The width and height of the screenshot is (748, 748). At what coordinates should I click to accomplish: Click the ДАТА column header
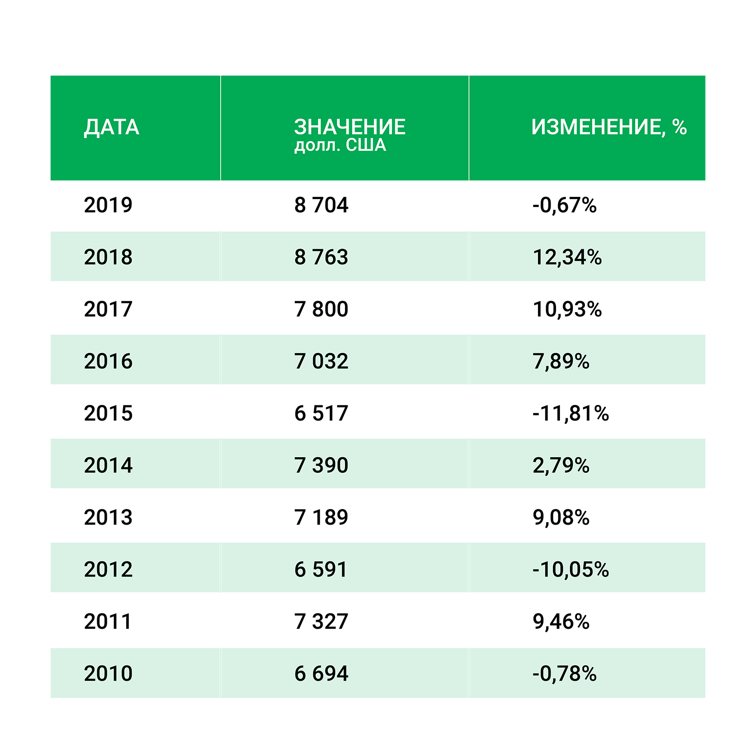click(111, 128)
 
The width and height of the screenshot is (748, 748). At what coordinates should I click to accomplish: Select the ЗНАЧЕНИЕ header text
click(350, 127)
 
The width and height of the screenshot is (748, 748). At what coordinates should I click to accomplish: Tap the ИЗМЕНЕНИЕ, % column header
click(609, 128)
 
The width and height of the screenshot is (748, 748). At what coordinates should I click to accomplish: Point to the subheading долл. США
click(340, 146)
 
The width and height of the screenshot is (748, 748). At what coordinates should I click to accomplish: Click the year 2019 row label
click(108, 205)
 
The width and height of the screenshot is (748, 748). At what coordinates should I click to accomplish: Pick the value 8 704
click(321, 205)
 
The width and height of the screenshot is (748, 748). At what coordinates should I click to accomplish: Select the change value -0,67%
click(564, 205)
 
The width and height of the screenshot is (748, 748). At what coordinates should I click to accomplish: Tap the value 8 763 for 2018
click(321, 257)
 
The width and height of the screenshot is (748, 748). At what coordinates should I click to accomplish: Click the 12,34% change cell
click(567, 257)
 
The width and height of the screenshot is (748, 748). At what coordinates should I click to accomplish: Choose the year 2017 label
click(108, 309)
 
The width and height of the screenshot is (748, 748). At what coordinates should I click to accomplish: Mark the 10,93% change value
click(567, 309)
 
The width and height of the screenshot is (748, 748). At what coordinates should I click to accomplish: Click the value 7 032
click(321, 362)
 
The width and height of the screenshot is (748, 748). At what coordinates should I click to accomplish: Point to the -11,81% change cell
click(570, 413)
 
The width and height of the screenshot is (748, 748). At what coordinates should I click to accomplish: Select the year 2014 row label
click(108, 465)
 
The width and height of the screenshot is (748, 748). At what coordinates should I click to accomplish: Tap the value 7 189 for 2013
click(321, 517)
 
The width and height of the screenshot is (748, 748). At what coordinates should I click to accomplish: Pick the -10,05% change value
click(570, 569)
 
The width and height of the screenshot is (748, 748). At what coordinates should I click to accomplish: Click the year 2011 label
click(108, 621)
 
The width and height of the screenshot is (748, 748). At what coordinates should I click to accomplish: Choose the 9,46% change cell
click(561, 621)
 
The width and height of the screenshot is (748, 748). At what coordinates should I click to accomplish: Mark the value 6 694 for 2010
click(321, 673)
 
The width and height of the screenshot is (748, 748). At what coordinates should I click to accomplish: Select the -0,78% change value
click(564, 673)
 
